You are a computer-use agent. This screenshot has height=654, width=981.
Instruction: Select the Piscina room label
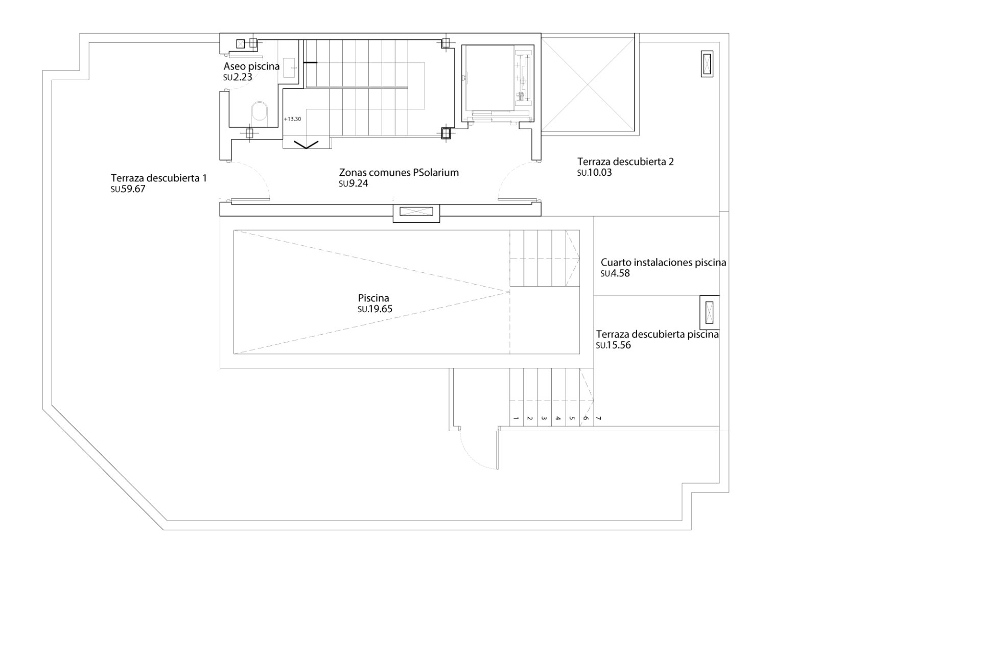pyautogui.click(x=373, y=298)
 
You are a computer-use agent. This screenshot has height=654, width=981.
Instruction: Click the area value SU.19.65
pyautogui.click(x=375, y=309)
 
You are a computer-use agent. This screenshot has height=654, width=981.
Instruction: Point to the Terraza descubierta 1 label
pyautogui.click(x=159, y=178)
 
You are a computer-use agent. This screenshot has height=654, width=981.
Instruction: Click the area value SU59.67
pyautogui.click(x=128, y=189)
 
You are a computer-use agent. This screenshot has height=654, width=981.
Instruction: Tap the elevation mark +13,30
pyautogui.click(x=292, y=119)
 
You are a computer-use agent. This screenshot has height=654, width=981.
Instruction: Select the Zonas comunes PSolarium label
pyautogui.click(x=399, y=173)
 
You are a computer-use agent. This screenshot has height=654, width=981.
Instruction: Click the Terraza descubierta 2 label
pyautogui.click(x=625, y=162)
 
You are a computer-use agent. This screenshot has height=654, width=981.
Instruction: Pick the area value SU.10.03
pyautogui.click(x=594, y=173)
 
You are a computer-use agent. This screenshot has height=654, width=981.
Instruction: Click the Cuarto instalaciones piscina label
pyautogui.click(x=663, y=263)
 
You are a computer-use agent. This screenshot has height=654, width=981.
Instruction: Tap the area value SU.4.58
pyautogui.click(x=615, y=273)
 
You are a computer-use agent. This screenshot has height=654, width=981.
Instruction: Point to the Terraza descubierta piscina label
pyautogui.click(x=657, y=335)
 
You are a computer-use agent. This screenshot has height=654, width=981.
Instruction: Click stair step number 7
pyautogui.click(x=599, y=418)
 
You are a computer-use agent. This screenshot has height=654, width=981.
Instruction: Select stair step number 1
pyautogui.click(x=516, y=418)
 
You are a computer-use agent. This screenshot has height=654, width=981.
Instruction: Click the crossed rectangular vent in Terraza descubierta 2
pyautogui.click(x=707, y=64)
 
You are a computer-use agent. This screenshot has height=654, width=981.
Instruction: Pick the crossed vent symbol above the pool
pyautogui.click(x=416, y=212)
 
